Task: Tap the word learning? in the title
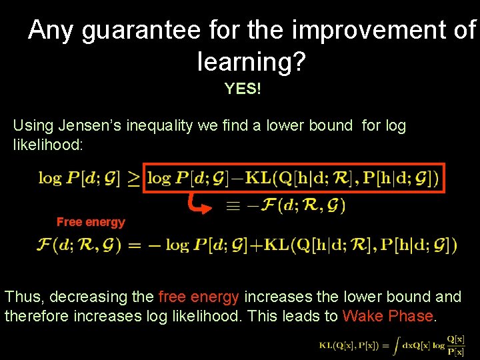(x=251, y=62)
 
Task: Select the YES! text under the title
(x=243, y=89)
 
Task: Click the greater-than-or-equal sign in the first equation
(x=134, y=179)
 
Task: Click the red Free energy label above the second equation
(x=91, y=222)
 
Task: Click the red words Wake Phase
(x=387, y=316)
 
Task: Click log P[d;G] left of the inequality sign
(x=79, y=179)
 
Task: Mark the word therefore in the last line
(x=35, y=316)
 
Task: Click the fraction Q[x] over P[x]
(x=456, y=345)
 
